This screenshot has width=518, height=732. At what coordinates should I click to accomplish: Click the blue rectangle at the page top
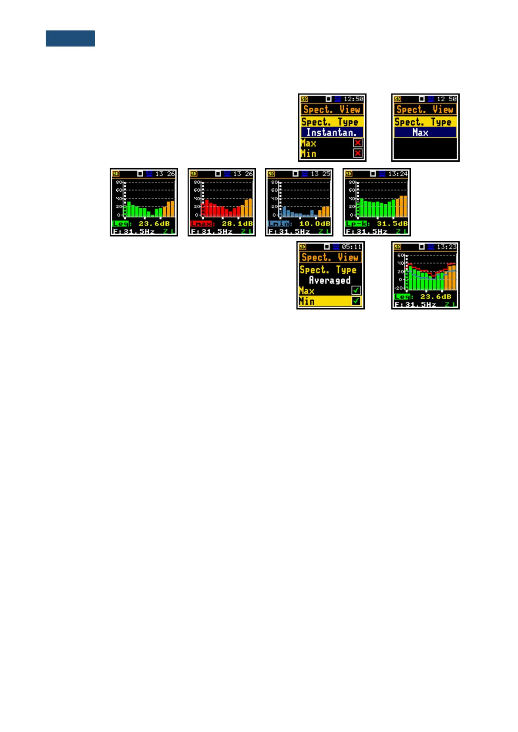click(x=70, y=38)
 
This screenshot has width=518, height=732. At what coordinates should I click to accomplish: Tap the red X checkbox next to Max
click(x=358, y=143)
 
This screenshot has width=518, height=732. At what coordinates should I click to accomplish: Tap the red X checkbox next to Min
click(x=358, y=153)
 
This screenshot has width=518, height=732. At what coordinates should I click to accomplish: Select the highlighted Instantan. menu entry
click(x=332, y=133)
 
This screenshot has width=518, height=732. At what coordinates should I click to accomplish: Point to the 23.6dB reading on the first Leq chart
click(x=154, y=224)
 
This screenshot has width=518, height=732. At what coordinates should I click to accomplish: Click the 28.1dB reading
click(x=237, y=224)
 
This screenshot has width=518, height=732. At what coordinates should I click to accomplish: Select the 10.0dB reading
click(x=314, y=224)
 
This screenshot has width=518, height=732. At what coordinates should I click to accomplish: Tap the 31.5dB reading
click(x=392, y=224)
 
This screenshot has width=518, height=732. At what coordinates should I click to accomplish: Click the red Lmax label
click(x=201, y=224)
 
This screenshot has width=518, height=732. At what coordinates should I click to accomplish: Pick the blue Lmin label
click(x=279, y=224)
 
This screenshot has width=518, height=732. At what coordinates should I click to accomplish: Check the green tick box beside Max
click(x=356, y=290)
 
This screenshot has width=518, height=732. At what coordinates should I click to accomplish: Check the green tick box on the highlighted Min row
click(x=356, y=301)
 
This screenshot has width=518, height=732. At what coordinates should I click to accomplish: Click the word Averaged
click(x=330, y=280)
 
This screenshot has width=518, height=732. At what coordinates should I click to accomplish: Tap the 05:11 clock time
click(x=352, y=247)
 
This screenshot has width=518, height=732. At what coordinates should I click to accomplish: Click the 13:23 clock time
click(x=447, y=247)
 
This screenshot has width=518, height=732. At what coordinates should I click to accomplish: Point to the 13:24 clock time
click(x=398, y=174)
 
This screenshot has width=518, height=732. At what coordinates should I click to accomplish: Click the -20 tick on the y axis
click(x=399, y=288)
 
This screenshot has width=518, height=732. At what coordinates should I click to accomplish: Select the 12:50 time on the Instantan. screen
click(x=353, y=99)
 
